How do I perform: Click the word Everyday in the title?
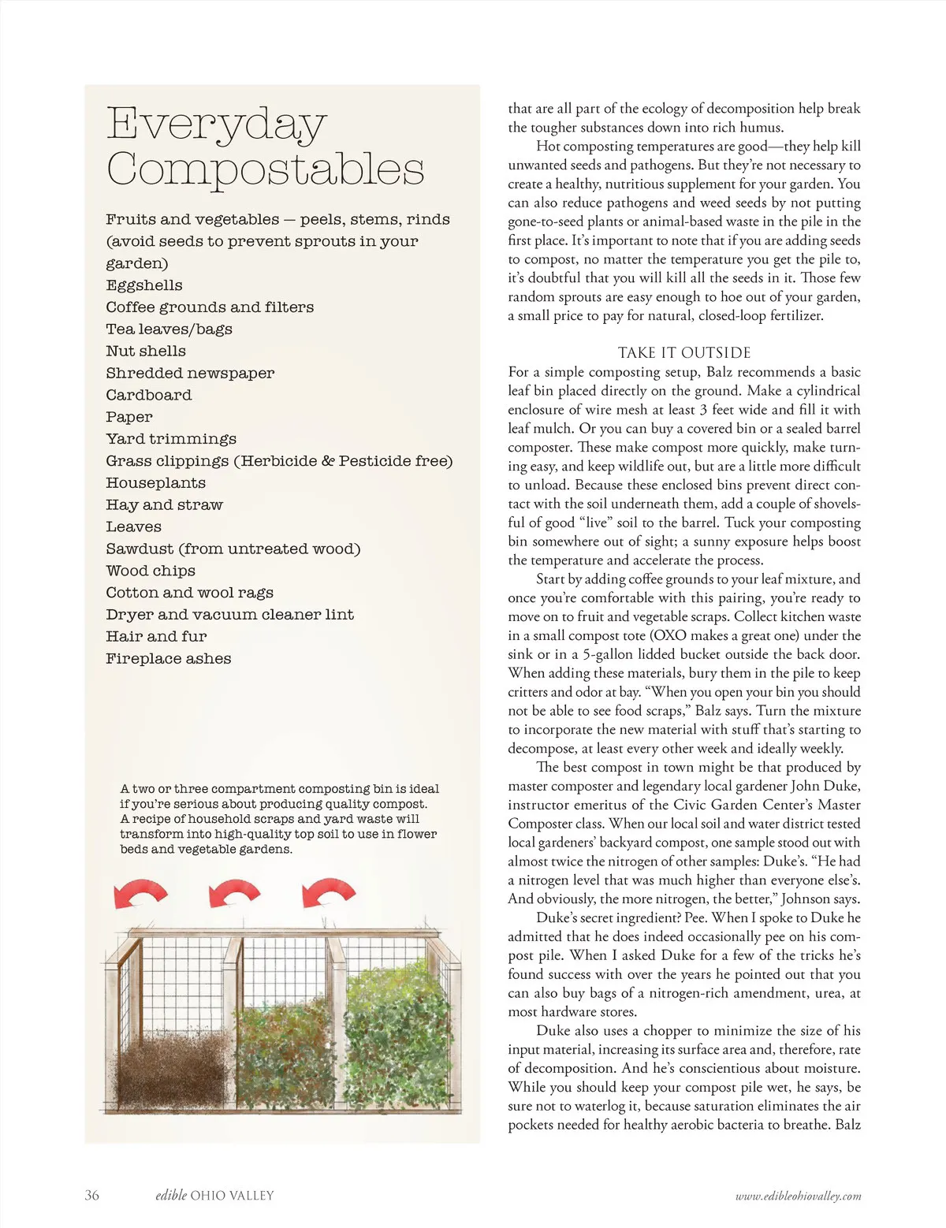coord(216,125)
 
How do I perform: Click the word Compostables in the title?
coord(265,169)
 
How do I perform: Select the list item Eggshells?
coord(144,285)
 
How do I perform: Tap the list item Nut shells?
coord(146,351)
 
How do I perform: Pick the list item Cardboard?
coord(148,395)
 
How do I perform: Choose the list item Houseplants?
coord(155,482)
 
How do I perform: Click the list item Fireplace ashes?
coord(168,658)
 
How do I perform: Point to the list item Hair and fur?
coord(156,636)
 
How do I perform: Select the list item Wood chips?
coord(151,571)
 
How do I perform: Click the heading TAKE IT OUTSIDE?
coord(683,352)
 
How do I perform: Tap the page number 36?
coord(92,1195)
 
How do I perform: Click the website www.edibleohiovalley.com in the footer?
coord(798,1196)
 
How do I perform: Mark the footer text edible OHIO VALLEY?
coord(214,1195)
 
